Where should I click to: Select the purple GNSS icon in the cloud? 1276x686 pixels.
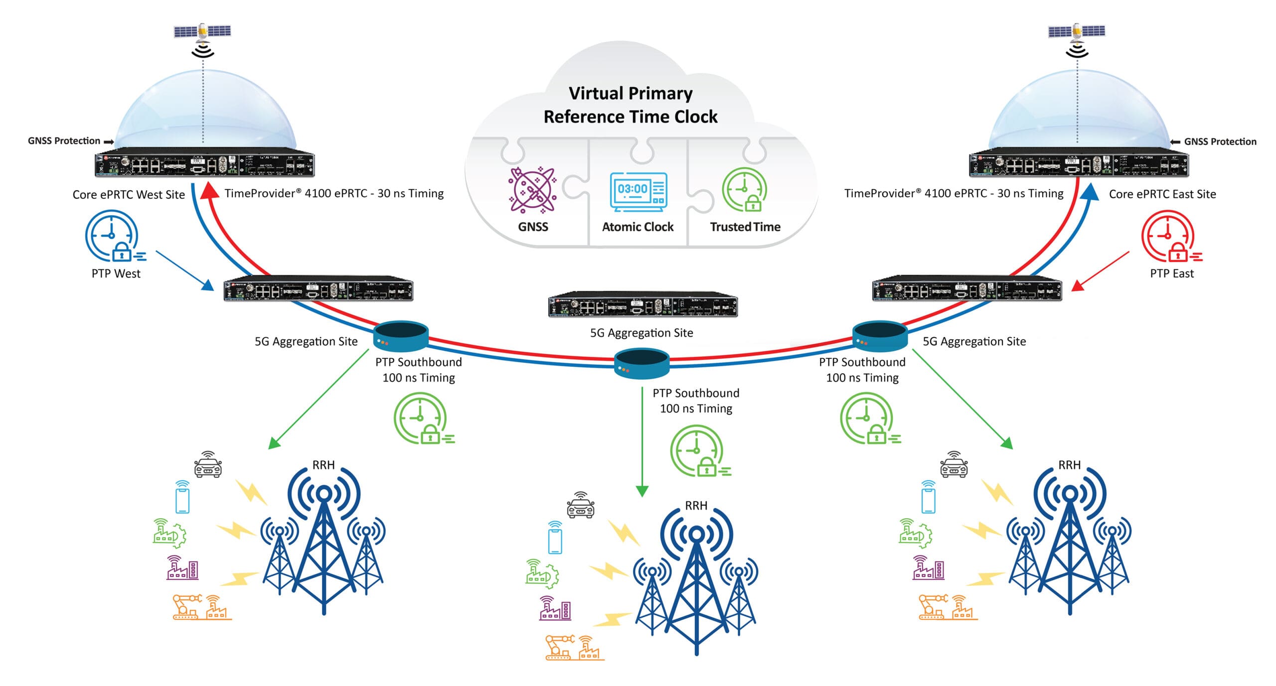click(x=532, y=190)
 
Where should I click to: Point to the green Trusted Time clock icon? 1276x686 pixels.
click(x=745, y=190)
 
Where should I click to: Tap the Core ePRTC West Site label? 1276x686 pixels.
click(x=129, y=194)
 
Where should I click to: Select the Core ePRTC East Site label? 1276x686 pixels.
click(x=1162, y=194)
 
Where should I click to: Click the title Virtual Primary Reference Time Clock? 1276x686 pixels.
click(x=631, y=105)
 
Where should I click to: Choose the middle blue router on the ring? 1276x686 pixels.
click(x=641, y=364)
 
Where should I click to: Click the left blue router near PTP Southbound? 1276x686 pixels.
click(x=401, y=336)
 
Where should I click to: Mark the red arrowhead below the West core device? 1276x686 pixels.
click(x=209, y=191)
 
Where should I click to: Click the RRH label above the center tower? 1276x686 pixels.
click(x=696, y=506)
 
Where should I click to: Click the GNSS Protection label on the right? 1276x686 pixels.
click(x=1220, y=141)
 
